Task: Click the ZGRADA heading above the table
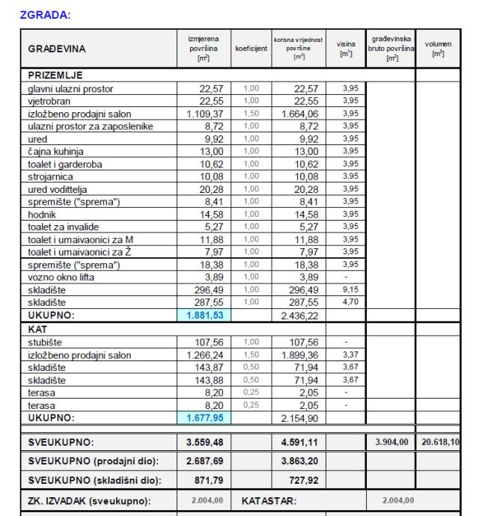[x=43, y=15]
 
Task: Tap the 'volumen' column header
[x=438, y=49]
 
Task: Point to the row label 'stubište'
[x=46, y=341]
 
